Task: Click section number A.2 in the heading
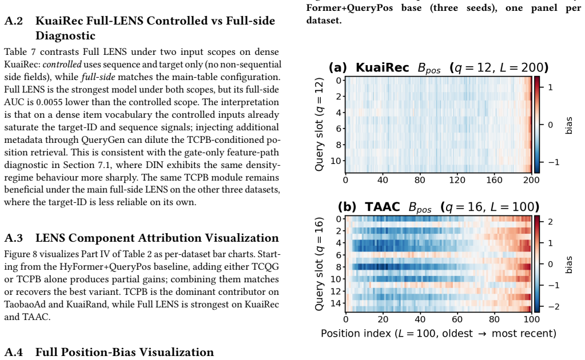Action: [x=14, y=21]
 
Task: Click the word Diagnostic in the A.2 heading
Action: [x=65, y=36]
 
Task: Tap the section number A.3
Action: [x=14, y=238]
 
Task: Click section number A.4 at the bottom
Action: [x=14, y=352]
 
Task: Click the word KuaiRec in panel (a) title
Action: [x=383, y=67]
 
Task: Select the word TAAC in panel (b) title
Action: [x=383, y=206]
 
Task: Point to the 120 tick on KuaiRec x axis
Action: [x=457, y=180]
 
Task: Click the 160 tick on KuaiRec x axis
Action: [x=494, y=180]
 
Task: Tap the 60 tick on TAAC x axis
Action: [x=457, y=319]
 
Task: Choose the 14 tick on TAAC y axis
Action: [x=336, y=303]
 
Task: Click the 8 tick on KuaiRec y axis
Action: [x=339, y=145]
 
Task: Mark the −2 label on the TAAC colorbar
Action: [x=552, y=307]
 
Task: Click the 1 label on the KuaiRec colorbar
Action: [x=550, y=87]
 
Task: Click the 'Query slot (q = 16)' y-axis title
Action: [x=319, y=264]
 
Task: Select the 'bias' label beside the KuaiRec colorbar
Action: [x=568, y=125]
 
